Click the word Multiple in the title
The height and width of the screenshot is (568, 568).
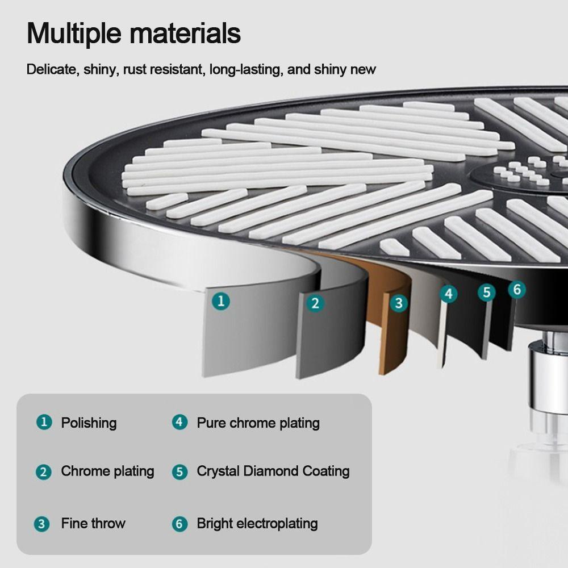pos(74,34)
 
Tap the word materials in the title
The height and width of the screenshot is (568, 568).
pos(185,33)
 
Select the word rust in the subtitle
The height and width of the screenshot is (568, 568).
pos(135,69)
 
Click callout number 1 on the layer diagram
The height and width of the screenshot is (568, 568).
pos(221,301)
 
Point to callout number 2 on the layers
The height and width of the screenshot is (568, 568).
pos(315,303)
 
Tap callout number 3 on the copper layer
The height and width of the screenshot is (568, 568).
pos(399,303)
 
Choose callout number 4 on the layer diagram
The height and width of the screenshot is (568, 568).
pos(449,294)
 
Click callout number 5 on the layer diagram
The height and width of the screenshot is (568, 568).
pos(487,292)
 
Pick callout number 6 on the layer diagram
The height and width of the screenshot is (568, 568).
pos(517,290)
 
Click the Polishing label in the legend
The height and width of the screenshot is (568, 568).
pos(89,423)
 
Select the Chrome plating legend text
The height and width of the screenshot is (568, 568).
pos(107,471)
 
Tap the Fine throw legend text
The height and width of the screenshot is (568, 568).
pos(93,523)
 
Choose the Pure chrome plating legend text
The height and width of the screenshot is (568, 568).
pos(258,423)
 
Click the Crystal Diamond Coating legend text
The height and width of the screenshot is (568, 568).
pos(273,471)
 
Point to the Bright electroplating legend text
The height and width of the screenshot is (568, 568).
pos(257,524)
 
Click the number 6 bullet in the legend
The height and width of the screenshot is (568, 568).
pos(179,524)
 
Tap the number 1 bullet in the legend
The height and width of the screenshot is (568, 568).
pos(44,422)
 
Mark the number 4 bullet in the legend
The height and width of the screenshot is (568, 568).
pos(179,422)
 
